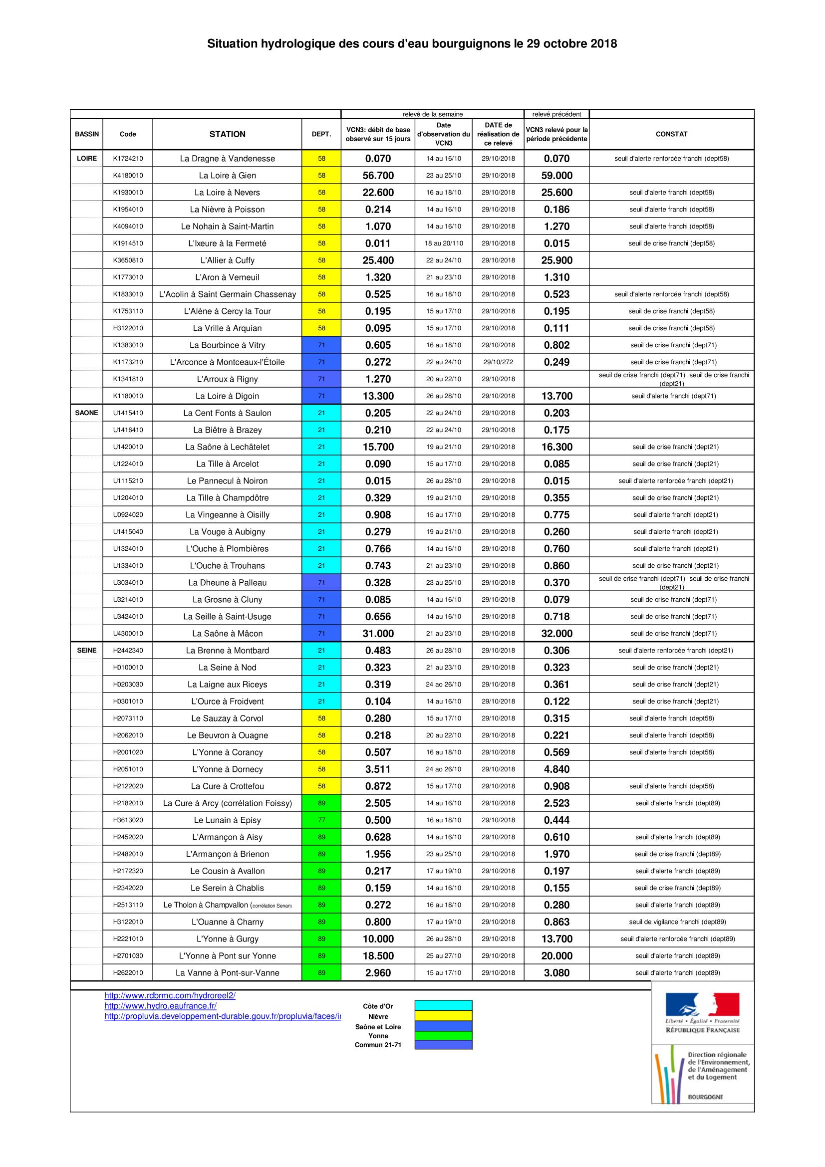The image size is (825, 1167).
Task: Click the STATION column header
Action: click(x=227, y=134)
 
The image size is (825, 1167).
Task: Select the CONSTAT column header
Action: click(x=671, y=134)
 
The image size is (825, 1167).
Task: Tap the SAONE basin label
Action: click(x=86, y=413)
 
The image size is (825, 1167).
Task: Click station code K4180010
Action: click(x=128, y=175)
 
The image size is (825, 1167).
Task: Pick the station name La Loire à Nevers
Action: click(x=227, y=193)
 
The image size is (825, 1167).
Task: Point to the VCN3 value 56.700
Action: click(x=378, y=175)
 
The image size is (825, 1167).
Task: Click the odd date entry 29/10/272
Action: click(x=498, y=362)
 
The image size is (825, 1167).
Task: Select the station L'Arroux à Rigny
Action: click(x=227, y=379)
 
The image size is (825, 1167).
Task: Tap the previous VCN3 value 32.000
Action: click(x=556, y=633)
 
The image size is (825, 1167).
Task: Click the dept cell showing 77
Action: click(x=321, y=820)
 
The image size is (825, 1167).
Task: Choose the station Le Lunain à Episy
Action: click(x=227, y=820)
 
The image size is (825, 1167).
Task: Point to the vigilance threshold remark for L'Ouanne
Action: click(x=677, y=922)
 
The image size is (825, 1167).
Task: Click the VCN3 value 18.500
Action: click(x=378, y=955)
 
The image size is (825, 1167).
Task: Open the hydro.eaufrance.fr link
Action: click(x=160, y=1006)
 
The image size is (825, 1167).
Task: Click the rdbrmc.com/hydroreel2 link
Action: click(x=170, y=996)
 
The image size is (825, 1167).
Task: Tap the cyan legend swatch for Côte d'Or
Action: click(x=443, y=1005)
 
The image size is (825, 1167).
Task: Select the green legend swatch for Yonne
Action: click(x=443, y=1035)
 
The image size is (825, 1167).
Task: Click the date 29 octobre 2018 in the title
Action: click(x=571, y=44)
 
